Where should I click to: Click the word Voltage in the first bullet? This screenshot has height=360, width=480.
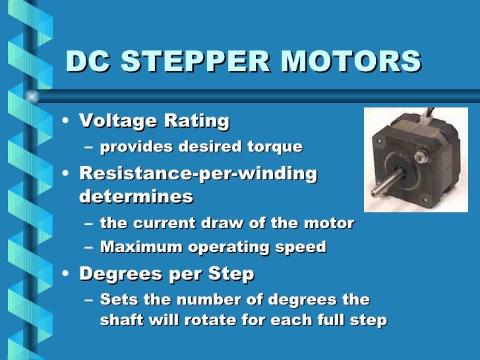pos(116,121)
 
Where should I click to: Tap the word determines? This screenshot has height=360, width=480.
pos(136,196)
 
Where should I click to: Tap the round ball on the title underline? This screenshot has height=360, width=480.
pos(31,96)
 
